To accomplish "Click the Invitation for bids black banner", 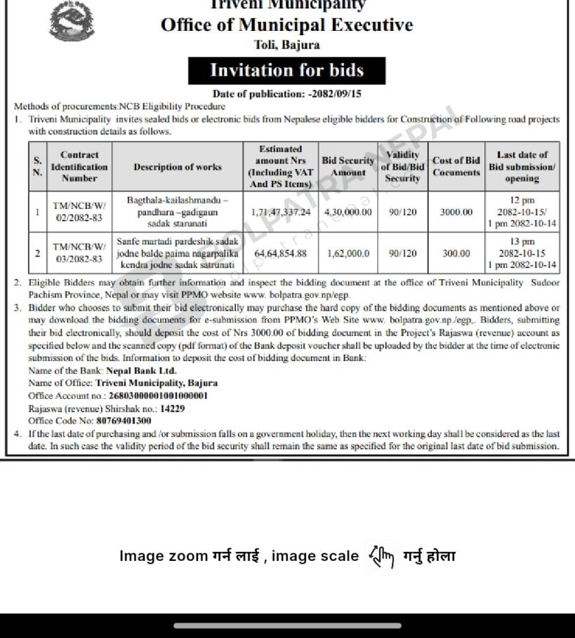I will (286, 70).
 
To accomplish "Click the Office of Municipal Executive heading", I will (286, 25).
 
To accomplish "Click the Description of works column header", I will (178, 167).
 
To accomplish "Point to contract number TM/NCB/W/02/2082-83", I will (79, 212).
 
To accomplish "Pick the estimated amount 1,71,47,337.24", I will (281, 212).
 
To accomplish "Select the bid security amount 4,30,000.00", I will (348, 212).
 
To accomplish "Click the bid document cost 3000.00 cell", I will (456, 212).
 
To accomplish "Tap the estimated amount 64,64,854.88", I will (281, 253).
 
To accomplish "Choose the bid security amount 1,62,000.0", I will (348, 253).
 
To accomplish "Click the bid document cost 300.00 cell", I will (456, 253).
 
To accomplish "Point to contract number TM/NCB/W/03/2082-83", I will (79, 253).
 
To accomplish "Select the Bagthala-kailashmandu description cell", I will (178, 212).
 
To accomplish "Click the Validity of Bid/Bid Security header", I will (402, 167).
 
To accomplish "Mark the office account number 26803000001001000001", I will (159, 396).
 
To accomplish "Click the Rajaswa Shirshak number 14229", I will (172, 409).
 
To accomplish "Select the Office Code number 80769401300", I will (124, 421).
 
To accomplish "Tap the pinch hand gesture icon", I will (381, 557).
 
